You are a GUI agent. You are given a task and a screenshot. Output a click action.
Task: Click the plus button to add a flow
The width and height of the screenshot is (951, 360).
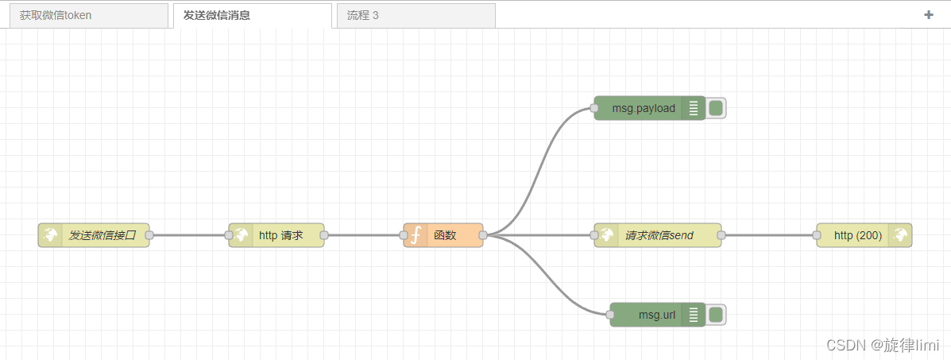point(928,14)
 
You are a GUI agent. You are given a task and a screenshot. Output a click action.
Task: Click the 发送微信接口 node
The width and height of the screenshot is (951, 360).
point(102,235)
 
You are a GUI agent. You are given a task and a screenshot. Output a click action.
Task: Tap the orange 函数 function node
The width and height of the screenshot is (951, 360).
point(449,235)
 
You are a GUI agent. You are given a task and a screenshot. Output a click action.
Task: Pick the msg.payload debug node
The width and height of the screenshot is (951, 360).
point(644,108)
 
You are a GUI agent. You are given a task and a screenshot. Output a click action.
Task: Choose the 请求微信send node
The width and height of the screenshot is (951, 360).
point(659,235)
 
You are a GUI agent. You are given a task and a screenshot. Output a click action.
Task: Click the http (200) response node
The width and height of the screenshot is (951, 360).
point(858,235)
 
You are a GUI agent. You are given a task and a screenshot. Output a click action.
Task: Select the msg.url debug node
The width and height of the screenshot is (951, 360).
point(656,315)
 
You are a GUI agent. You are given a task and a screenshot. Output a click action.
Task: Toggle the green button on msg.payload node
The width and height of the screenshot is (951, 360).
point(716,108)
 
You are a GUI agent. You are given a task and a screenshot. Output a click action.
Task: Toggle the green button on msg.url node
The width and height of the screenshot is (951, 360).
point(716,315)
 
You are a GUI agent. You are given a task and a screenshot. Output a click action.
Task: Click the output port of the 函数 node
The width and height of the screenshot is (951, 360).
point(483,235)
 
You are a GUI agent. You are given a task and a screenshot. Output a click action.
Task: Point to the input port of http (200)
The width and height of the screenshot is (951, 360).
point(817,235)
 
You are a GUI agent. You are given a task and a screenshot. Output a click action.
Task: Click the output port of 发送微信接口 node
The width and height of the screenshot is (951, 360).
point(149,235)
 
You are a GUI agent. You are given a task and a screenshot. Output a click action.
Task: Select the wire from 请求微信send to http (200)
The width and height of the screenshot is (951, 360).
point(769,235)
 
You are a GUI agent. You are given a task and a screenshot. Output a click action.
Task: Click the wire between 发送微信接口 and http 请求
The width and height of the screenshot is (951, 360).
point(189,235)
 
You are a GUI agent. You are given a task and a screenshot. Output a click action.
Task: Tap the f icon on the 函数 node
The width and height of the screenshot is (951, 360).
point(415,235)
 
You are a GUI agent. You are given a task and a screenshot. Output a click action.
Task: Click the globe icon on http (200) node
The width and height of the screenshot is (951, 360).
point(900,235)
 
